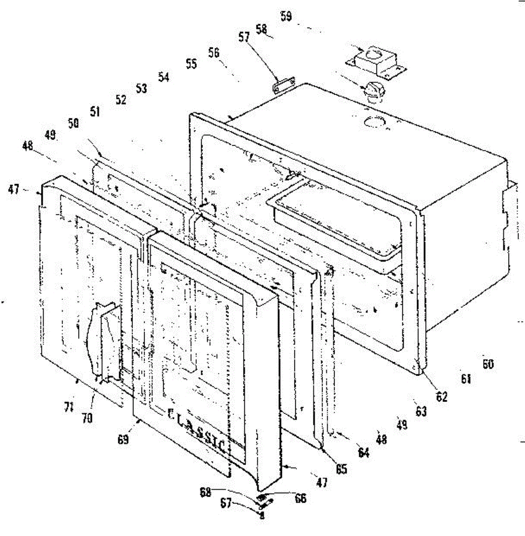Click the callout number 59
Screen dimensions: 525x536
tap(287, 17)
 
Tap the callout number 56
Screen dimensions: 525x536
tap(214, 53)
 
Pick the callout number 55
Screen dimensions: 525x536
tap(191, 64)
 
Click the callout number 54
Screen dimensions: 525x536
tap(164, 77)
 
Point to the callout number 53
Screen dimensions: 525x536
tap(141, 88)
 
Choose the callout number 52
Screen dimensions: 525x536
tap(121, 100)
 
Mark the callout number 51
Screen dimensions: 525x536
tap(95, 111)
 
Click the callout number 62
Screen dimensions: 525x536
tap(441, 396)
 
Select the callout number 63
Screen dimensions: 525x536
tap(421, 411)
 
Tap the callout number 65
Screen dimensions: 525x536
tap(341, 469)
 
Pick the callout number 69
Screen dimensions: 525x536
tap(123, 440)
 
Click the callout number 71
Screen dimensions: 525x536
tap(68, 407)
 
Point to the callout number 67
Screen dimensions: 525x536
tap(226, 503)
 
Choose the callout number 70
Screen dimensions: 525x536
tap(87, 419)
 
